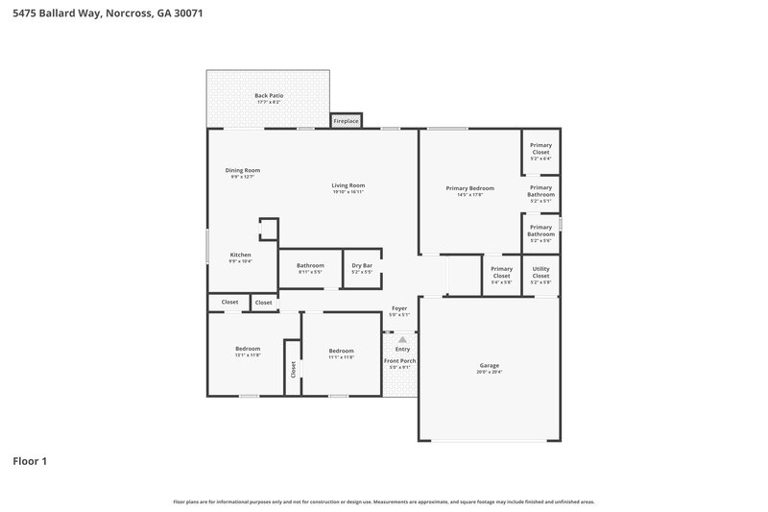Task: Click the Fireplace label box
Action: [346, 121]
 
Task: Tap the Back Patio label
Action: [269, 96]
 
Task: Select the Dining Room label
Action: [243, 170]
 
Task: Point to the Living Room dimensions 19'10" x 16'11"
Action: [348, 192]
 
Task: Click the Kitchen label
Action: [240, 255]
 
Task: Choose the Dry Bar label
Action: [362, 265]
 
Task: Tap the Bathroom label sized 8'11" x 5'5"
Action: [309, 265]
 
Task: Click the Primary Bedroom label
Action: [469, 188]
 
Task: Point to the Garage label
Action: [490, 365]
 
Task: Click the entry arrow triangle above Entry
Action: [402, 339]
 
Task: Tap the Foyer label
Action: [399, 308]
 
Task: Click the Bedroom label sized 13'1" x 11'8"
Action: [248, 349]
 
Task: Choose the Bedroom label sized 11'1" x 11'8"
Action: [341, 351]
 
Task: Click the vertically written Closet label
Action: [293, 369]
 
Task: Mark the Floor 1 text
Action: [30, 461]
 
